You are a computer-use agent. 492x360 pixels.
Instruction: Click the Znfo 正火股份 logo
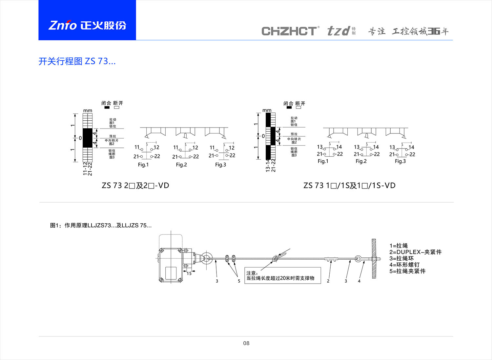point(87,25)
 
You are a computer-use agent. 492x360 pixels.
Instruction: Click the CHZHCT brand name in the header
point(289,31)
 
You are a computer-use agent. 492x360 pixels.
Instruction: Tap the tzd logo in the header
point(338,31)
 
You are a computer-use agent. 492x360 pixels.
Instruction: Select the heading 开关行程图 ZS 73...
point(77,61)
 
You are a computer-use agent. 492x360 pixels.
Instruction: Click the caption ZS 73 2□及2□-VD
point(135,186)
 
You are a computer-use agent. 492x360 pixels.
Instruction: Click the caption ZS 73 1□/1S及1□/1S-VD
point(349,186)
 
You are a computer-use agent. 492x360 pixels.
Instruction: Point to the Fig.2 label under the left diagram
point(181,165)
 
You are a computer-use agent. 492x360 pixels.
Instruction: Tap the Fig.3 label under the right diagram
point(400,161)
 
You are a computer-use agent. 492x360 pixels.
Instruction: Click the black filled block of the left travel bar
point(88,138)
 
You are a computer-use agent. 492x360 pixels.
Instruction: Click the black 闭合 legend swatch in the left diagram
point(107,107)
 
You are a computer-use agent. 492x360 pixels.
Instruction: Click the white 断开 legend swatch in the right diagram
point(298,108)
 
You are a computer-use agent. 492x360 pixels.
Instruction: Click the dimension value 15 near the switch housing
point(189,273)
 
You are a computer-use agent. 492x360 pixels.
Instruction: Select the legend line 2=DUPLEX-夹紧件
point(415,252)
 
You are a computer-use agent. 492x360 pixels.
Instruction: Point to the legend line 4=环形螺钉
point(404,265)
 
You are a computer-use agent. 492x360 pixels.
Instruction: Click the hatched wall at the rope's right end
point(374,259)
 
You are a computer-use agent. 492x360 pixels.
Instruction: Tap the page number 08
point(246,343)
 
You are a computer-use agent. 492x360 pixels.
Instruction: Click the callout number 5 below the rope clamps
point(239,281)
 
